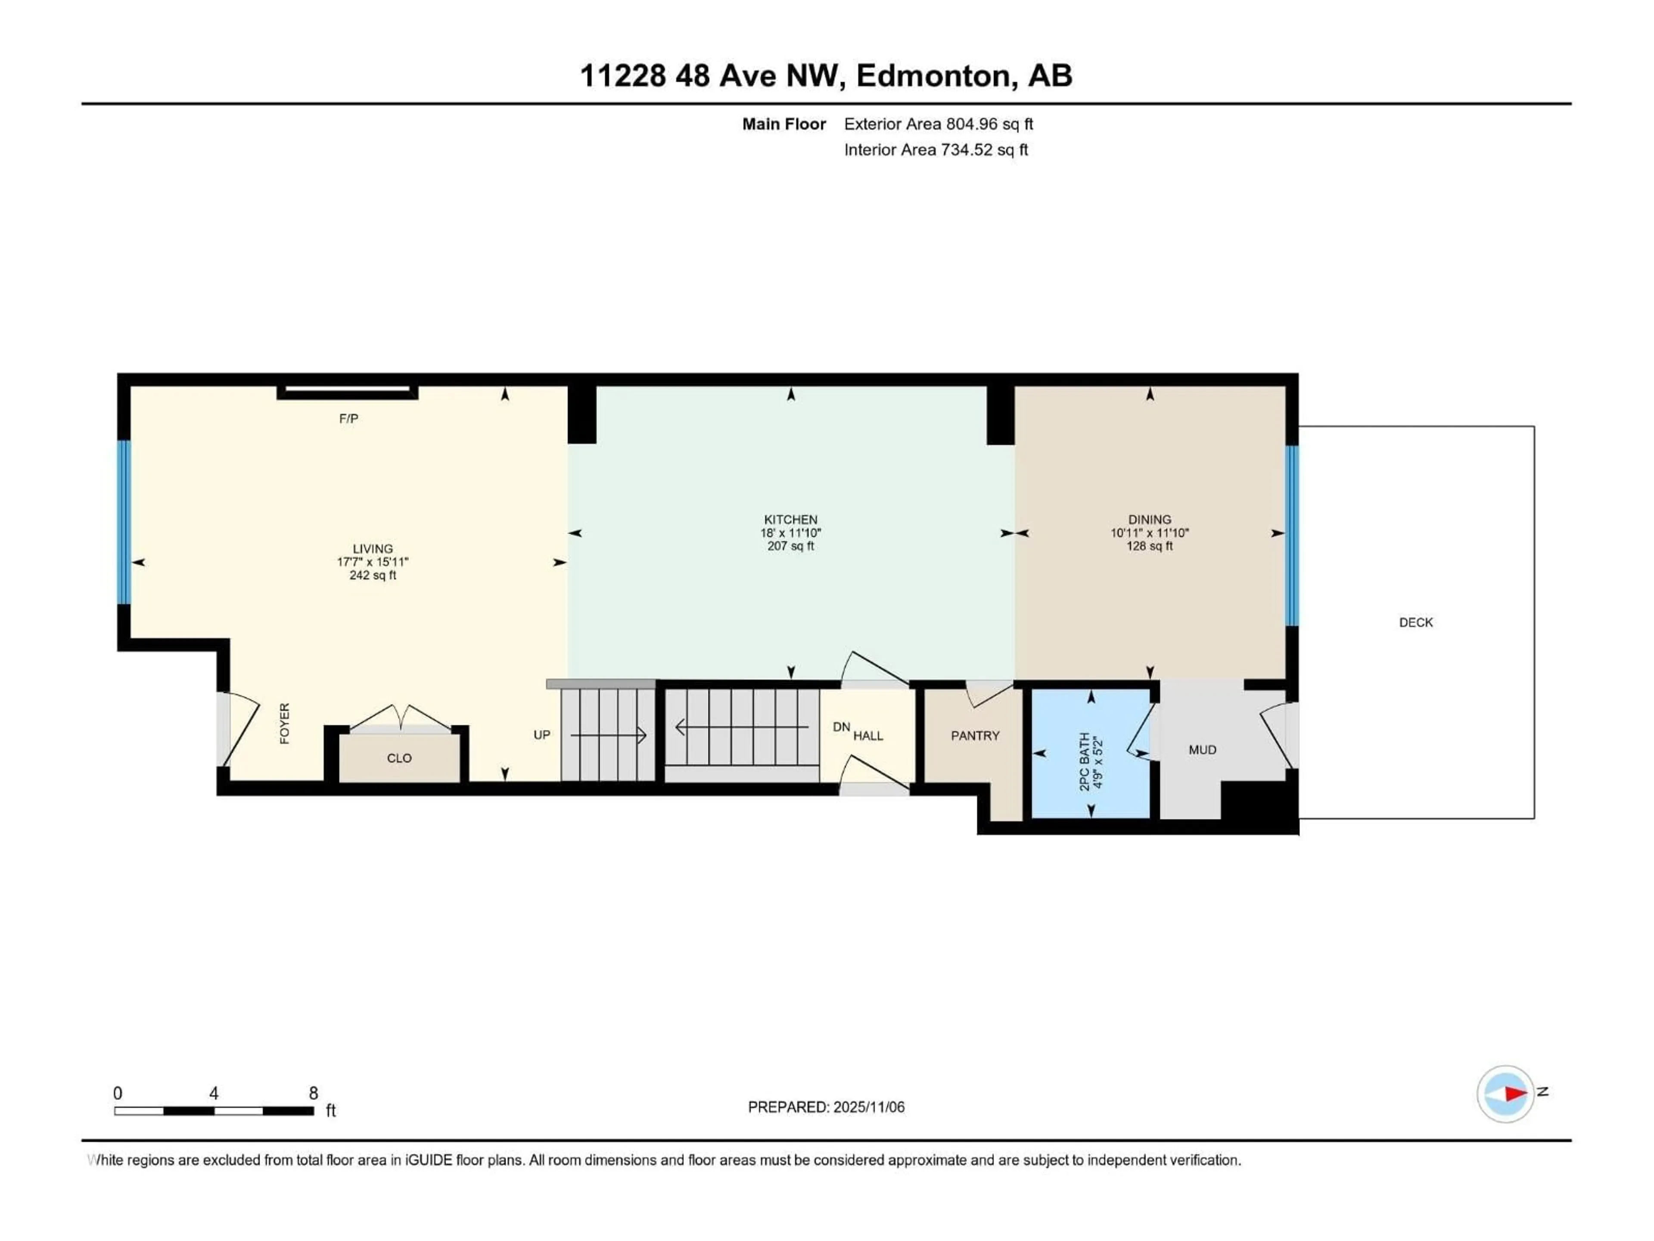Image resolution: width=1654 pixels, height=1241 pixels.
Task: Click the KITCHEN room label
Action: pos(790,519)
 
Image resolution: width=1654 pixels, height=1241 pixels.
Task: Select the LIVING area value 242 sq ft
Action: pos(373,575)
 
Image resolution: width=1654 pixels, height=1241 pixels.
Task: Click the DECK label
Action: pos(1415,622)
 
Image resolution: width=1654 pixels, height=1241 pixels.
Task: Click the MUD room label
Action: pos(1202,749)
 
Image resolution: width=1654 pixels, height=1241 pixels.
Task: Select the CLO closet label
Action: pos(399,758)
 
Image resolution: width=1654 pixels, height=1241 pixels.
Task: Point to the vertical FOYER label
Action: pos(285,723)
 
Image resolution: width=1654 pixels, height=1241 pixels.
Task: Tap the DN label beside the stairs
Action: pos(841,727)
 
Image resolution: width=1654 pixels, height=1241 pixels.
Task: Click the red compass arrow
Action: pos(1515,1094)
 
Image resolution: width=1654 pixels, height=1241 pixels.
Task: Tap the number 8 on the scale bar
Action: pos(313,1093)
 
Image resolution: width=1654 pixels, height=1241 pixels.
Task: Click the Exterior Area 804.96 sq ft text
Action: pos(939,124)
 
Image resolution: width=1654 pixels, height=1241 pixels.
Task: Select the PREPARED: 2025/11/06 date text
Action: pos(826,1107)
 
